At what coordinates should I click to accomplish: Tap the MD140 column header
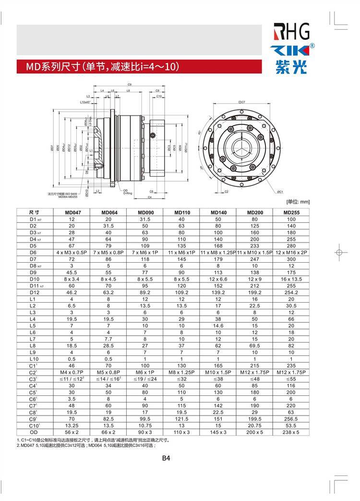(218, 212)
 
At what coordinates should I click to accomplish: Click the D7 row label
(33, 259)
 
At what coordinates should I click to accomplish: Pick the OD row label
(33, 432)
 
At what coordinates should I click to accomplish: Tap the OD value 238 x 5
(291, 432)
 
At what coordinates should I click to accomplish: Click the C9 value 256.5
(291, 418)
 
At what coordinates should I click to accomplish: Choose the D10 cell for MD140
(218, 279)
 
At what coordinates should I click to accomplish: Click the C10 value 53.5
(291, 425)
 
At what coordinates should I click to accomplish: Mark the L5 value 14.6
(218, 325)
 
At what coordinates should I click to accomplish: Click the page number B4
(166, 458)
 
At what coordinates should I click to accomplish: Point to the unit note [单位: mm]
(298, 203)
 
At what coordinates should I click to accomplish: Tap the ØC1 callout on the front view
(279, 191)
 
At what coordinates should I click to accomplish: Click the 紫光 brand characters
(291, 68)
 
